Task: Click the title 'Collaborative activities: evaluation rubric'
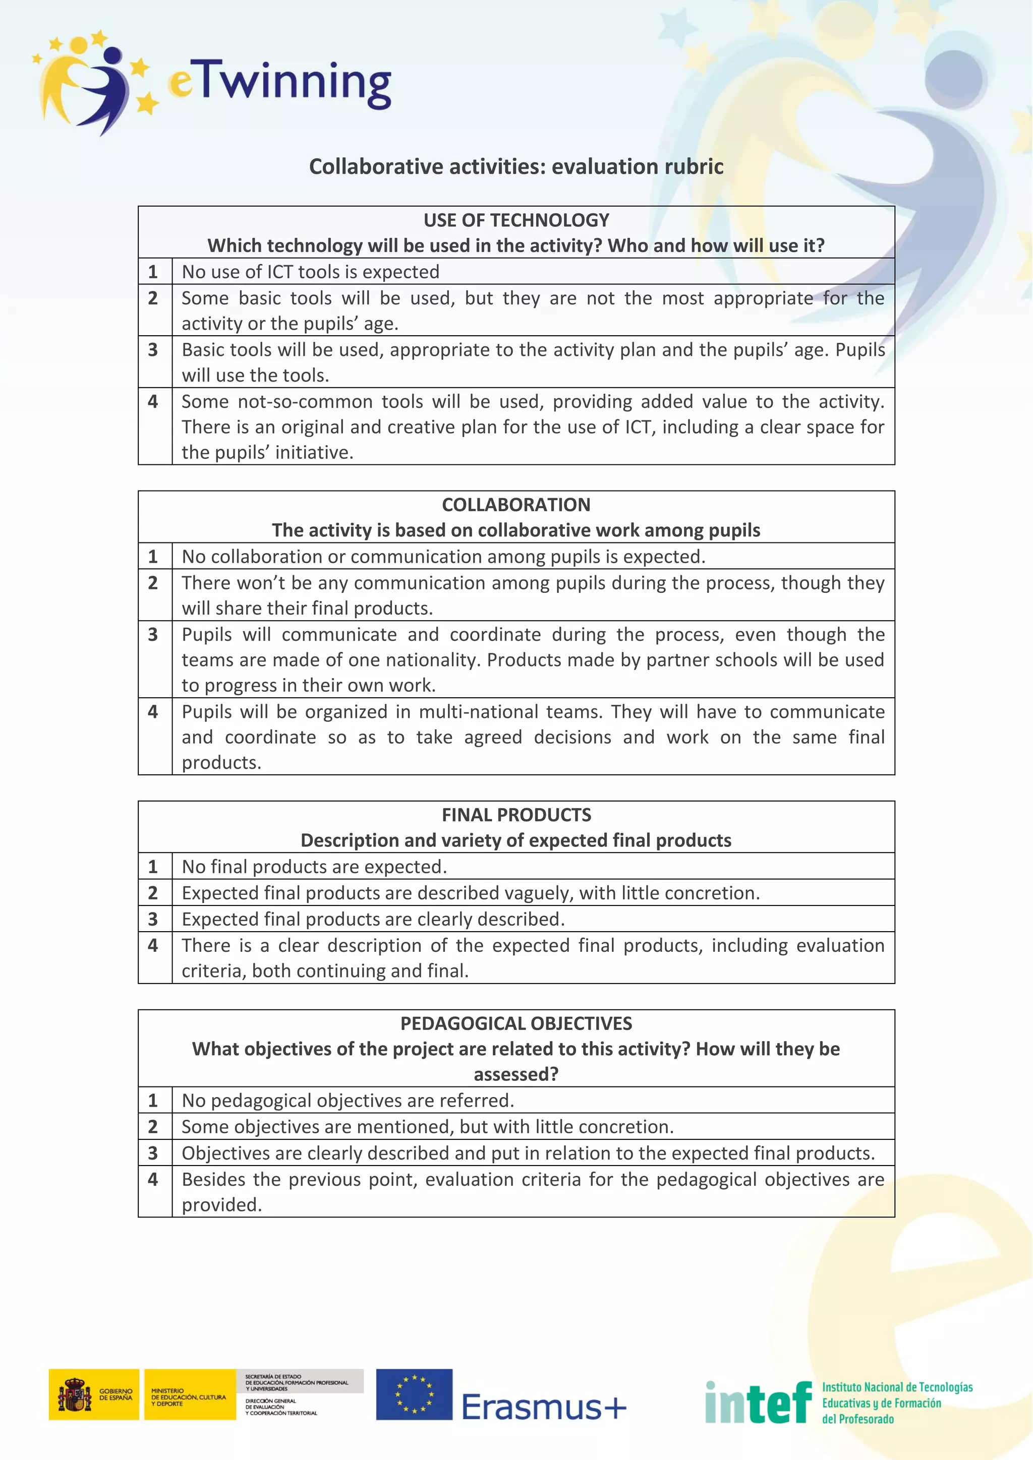[516, 166]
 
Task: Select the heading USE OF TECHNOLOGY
[516, 220]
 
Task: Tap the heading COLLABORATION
[516, 505]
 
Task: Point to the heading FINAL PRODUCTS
[516, 815]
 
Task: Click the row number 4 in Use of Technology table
[153, 402]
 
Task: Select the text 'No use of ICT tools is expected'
[310, 272]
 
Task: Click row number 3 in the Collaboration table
[153, 635]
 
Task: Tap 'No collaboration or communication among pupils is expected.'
[443, 557]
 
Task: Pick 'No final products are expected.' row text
[314, 867]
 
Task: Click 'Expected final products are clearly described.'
[373, 920]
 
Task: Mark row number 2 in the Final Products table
[153, 893]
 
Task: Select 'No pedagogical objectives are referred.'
[348, 1101]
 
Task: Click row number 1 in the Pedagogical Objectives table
[153, 1101]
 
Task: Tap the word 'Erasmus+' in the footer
[544, 1407]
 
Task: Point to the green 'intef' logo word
[758, 1402]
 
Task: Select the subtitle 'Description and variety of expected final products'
[516, 840]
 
